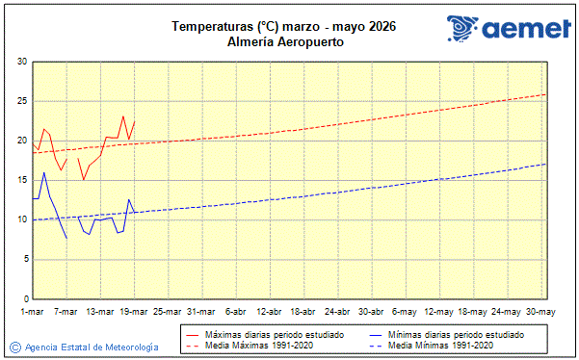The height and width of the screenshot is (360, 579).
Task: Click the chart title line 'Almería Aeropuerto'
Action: (x=286, y=42)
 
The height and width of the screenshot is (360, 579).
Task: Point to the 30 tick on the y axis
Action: (x=22, y=62)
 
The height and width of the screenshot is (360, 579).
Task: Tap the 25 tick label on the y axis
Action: (x=22, y=101)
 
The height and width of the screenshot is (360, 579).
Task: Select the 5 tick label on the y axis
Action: (x=24, y=259)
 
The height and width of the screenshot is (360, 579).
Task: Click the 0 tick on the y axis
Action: (x=24, y=298)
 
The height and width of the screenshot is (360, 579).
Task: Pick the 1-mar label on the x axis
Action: (x=33, y=312)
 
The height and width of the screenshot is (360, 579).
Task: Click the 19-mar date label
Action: (x=134, y=312)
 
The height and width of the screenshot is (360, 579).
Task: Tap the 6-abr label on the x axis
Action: (x=236, y=312)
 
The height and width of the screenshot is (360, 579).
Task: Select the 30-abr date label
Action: (x=371, y=312)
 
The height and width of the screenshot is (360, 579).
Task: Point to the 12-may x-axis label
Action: (x=439, y=312)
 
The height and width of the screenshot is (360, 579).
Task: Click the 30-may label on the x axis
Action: (x=540, y=312)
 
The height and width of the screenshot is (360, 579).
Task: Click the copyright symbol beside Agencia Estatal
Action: (x=14, y=347)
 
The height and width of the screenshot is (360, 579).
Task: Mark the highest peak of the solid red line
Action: (x=123, y=116)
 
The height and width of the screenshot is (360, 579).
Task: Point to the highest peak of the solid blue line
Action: (x=44, y=172)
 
